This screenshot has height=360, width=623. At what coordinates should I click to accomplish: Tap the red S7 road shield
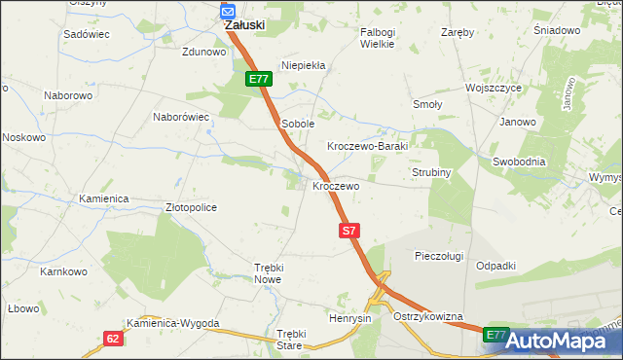[x=351, y=231]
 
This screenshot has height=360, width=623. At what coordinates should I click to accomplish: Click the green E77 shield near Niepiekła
[x=257, y=79]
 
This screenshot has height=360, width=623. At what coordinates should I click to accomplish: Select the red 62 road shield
[x=114, y=339]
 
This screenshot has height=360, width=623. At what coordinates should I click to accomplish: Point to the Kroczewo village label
[x=336, y=185]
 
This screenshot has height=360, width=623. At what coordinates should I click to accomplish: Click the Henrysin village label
[x=350, y=319]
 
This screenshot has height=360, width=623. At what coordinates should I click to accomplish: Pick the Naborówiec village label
[x=182, y=117]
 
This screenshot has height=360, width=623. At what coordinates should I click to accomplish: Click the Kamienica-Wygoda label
[x=173, y=323]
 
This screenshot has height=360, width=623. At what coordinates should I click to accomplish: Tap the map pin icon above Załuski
[x=228, y=11]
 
